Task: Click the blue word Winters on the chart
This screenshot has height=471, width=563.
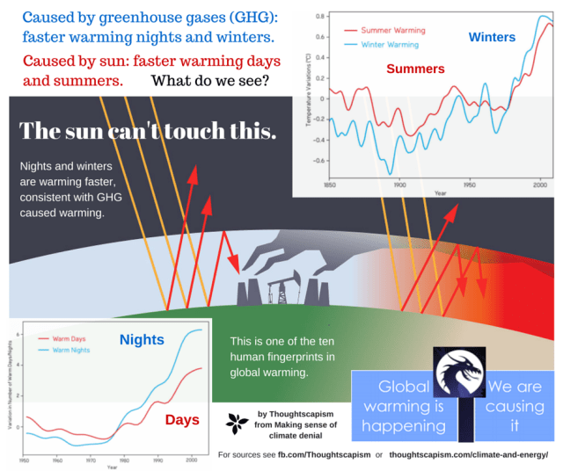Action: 492,38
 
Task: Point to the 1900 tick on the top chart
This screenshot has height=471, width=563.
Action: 398,185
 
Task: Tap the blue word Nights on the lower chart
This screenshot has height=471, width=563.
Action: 143,339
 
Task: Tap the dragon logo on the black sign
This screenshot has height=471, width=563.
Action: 457,373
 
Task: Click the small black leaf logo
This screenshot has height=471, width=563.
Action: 236,424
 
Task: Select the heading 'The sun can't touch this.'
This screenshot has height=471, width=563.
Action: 148,131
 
